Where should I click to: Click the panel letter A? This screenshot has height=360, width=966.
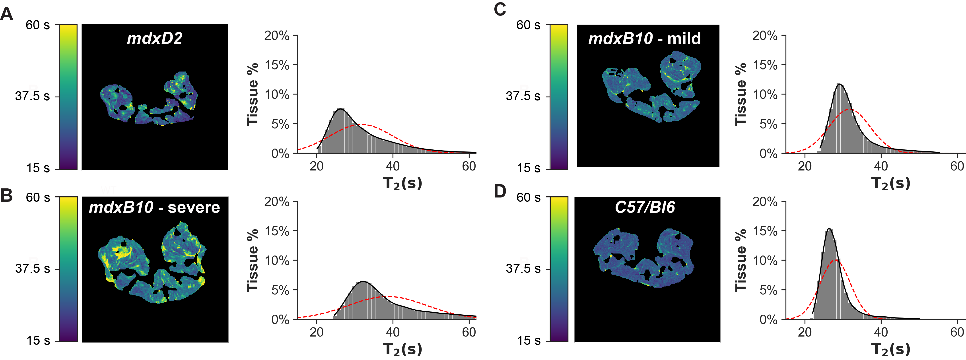pos(7,14)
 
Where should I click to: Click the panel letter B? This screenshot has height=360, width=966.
pos(6,195)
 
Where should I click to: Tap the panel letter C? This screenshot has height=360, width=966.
pos(500,9)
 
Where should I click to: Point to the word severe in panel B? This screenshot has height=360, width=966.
pos(194,207)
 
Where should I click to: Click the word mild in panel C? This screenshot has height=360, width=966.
pos(684,38)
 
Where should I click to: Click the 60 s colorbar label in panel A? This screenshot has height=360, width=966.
pos(37,25)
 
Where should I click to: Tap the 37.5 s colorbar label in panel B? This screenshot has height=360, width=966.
pos(32,269)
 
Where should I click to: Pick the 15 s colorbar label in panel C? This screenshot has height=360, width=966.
pos(529,168)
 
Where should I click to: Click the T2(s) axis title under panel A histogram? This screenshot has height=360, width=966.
pos(402,183)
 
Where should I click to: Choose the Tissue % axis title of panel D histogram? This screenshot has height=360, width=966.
pos(741,260)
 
